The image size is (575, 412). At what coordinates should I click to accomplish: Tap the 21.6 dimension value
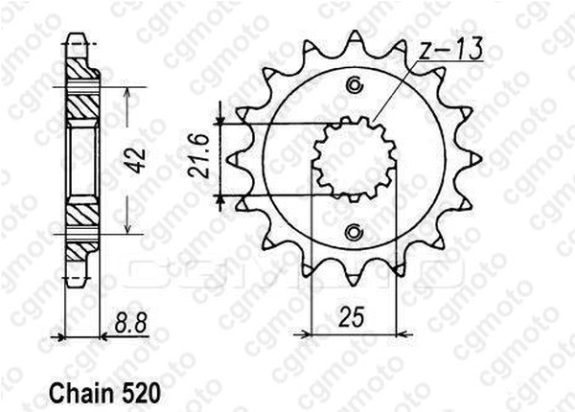200,156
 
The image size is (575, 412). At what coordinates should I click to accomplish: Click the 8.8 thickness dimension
131,323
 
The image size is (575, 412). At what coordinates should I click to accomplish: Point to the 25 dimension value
352,317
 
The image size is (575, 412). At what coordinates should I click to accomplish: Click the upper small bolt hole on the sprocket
355,85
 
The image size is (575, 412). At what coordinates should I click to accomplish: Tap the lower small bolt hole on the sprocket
355,233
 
